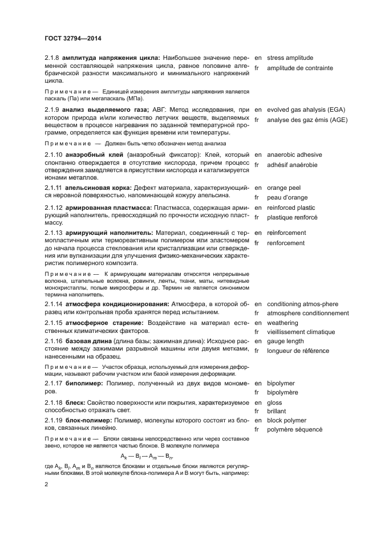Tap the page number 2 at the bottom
click(47, 484)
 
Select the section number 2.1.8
click(52, 58)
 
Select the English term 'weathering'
click(282, 323)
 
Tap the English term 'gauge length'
click(285, 341)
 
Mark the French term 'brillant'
click(278, 410)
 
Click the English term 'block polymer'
click(287, 420)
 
